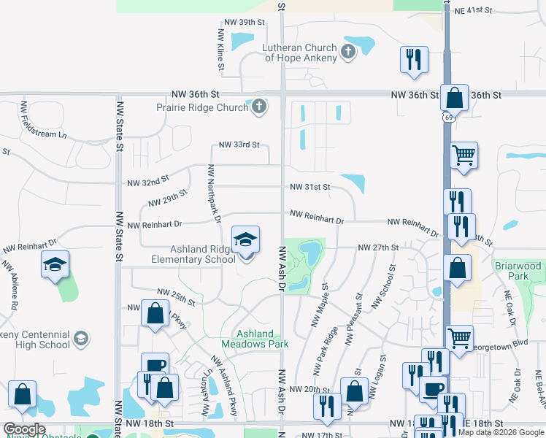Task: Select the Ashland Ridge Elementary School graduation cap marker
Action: [x=246, y=239]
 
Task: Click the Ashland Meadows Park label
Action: [x=255, y=339]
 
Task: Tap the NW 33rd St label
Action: [x=236, y=145]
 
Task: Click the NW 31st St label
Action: [x=310, y=187]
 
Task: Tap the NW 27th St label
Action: [x=377, y=248]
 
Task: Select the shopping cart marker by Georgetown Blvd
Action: [x=459, y=337]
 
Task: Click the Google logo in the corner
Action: [x=24, y=429]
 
